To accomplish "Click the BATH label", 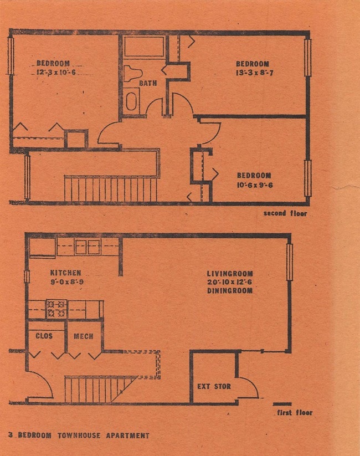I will click(148, 84).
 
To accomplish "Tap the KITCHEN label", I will click(66, 273).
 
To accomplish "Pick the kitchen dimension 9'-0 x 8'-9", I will click(66, 281).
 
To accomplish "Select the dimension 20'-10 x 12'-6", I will click(230, 282).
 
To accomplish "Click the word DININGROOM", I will click(230, 290).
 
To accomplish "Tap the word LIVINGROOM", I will click(230, 274).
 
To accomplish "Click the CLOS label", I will click(44, 336).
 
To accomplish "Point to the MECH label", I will click(83, 336).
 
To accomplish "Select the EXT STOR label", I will click(214, 386).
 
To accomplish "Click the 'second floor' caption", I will click(285, 213).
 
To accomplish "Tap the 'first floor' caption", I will click(294, 413).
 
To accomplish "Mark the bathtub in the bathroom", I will click(144, 47).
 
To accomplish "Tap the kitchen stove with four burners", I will click(56, 309).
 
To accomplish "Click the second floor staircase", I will click(110, 188).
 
